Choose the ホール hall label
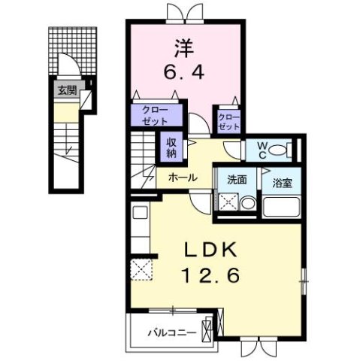point(183,177)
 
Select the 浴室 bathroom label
point(283,181)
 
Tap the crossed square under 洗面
point(228,203)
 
